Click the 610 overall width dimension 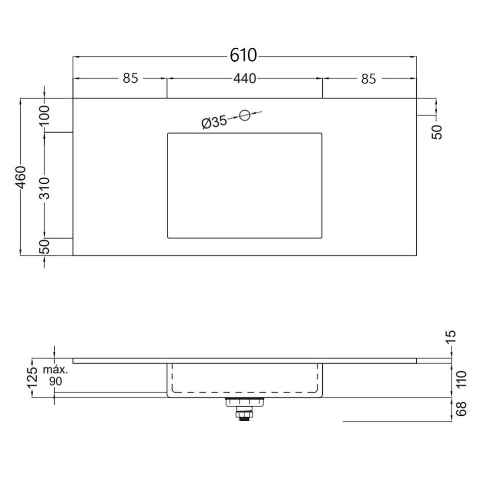243,55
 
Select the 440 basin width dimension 245,79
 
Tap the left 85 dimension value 131,78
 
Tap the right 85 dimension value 368,79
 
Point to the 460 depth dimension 21,177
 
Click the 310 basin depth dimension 45,188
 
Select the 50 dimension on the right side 437,133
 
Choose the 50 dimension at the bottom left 45,247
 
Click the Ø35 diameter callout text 214,122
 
